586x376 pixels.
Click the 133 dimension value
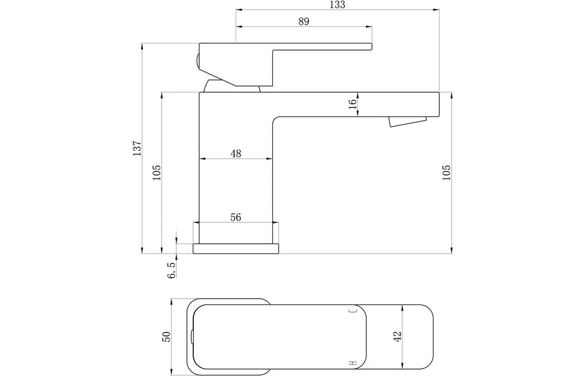(338, 5)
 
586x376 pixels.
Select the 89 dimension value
(303, 21)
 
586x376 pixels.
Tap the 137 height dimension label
(136, 148)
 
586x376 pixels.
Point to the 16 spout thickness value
(353, 104)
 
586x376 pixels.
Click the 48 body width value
(236, 154)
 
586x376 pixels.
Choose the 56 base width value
(236, 217)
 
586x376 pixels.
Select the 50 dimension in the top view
(167, 337)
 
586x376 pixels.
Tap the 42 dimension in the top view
(397, 336)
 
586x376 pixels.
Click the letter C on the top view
(353, 311)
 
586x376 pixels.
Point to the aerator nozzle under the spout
(407, 122)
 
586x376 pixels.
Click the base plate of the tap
(236, 248)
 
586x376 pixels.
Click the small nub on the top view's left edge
(192, 337)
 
